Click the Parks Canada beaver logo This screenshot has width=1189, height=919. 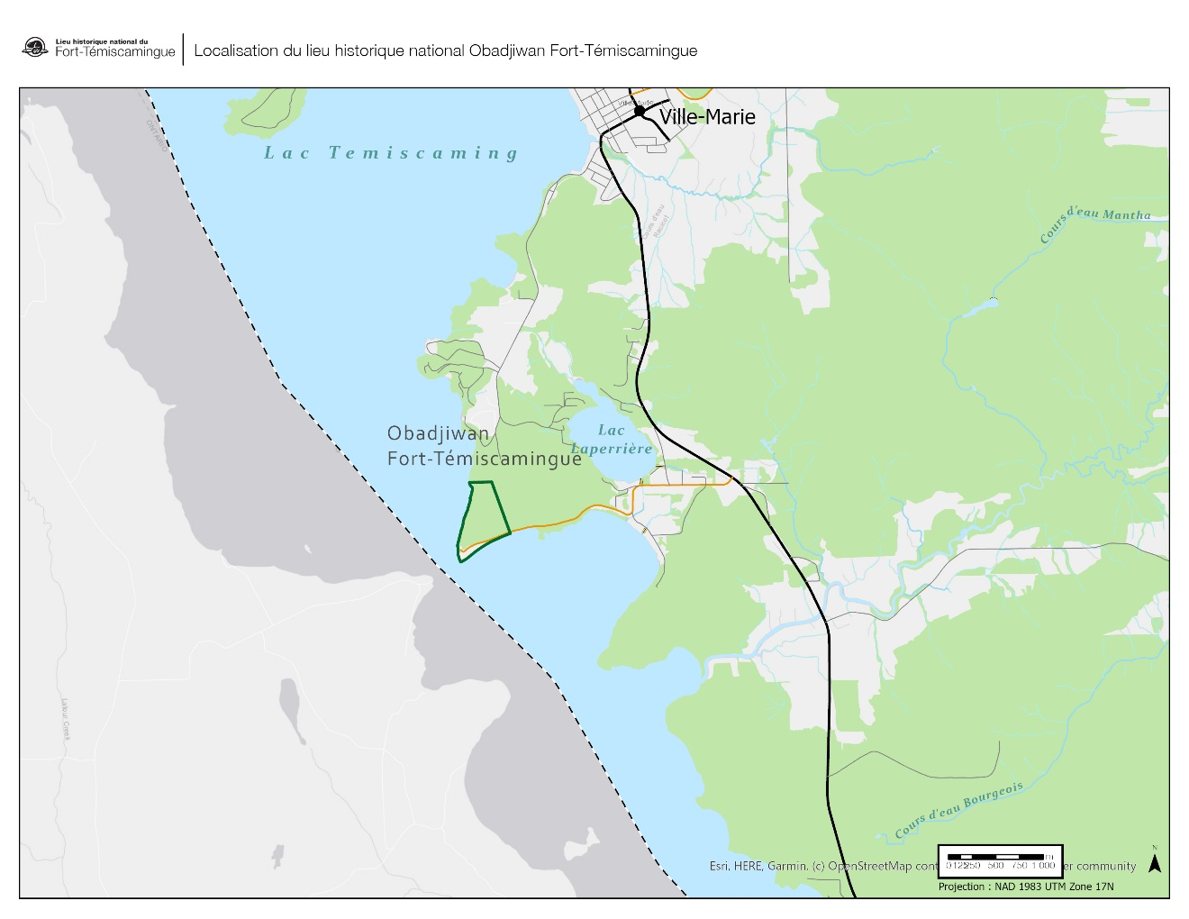[x=35, y=48]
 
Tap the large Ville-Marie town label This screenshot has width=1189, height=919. [x=707, y=117]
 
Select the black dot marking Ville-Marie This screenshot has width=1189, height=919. [x=640, y=111]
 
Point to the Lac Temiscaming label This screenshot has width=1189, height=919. [x=391, y=153]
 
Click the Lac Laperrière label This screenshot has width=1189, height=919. [x=612, y=440]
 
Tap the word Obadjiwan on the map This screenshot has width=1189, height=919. [x=438, y=433]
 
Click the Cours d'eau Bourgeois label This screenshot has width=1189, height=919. [x=959, y=809]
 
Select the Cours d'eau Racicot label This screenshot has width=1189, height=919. [x=655, y=222]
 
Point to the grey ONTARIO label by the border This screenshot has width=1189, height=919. [x=157, y=135]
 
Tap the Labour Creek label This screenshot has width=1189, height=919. [x=65, y=719]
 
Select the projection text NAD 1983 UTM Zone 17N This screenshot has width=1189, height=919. [x=1026, y=887]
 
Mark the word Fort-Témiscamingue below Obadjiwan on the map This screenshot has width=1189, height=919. [x=484, y=459]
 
